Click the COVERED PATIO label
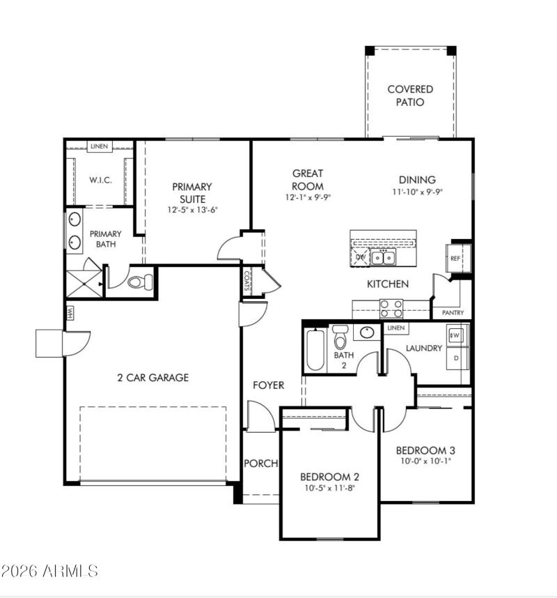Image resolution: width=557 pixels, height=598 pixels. click(x=410, y=95)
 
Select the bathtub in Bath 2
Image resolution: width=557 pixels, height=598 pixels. click(x=315, y=350)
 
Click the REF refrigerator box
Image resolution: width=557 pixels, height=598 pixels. click(x=456, y=258)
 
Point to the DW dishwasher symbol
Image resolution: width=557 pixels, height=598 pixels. click(x=361, y=257)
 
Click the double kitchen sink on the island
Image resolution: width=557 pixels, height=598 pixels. click(x=383, y=259)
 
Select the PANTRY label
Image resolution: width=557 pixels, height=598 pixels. click(x=452, y=313)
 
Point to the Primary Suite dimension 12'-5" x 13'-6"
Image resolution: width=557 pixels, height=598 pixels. click(x=192, y=210)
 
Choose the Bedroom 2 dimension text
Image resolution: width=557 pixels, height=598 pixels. click(x=329, y=489)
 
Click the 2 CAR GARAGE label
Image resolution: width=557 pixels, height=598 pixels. click(x=152, y=378)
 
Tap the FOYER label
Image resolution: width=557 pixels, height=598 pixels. click(x=268, y=385)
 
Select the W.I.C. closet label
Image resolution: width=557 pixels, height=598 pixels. click(x=100, y=180)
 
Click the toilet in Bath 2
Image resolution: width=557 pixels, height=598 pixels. click(x=340, y=339)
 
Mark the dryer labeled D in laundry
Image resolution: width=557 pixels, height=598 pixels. click(x=457, y=358)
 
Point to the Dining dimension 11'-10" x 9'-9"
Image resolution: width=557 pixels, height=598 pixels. click(x=417, y=192)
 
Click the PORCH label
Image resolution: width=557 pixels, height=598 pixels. click(x=260, y=463)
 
